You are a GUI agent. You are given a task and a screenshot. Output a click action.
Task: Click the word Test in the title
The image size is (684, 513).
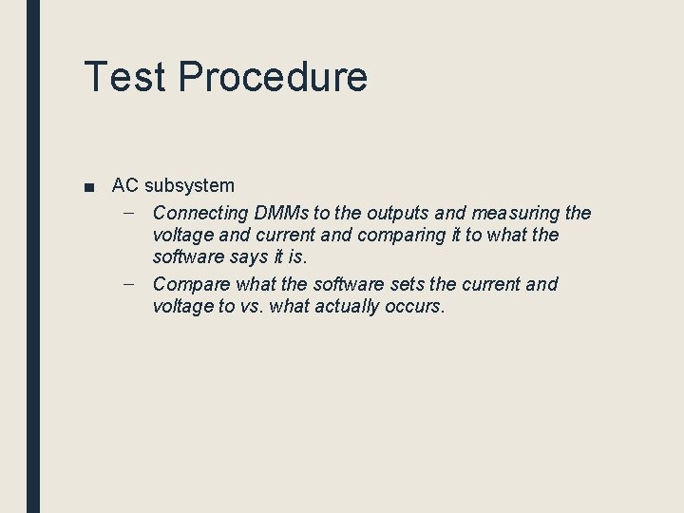pos(124,77)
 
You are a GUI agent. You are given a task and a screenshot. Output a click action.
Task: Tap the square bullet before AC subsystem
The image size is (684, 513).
pos(88,186)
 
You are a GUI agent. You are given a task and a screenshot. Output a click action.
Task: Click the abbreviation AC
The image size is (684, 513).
pos(125,185)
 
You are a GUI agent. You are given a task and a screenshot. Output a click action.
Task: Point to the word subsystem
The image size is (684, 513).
pos(189,185)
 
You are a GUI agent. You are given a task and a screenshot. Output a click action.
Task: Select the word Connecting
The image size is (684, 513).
pos(199,213)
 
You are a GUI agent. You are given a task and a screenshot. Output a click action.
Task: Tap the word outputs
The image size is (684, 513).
pos(392,213)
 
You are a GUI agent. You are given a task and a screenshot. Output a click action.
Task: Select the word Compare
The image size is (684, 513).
pos(190,284)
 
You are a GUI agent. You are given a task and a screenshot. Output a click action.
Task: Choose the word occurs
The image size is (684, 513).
pos(418,306)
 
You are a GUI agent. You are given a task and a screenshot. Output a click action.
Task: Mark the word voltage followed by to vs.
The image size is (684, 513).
pos(183,306)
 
